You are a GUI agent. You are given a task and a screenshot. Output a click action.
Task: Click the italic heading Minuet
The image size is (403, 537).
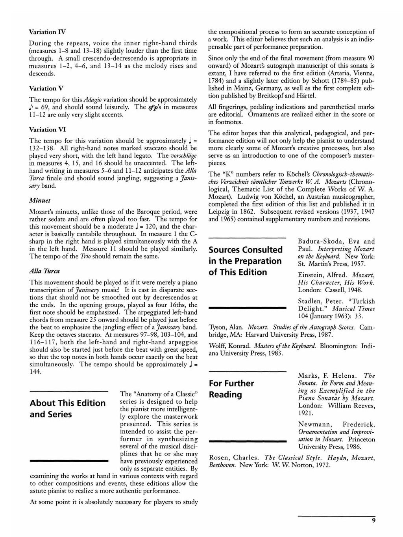39,200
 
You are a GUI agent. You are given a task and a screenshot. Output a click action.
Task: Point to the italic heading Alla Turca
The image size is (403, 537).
44,271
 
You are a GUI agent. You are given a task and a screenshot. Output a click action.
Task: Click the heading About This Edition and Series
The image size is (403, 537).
68,408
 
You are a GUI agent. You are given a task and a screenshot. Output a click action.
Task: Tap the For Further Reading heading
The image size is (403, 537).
231,389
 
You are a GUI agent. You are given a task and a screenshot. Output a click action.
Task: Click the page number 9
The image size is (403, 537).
373,520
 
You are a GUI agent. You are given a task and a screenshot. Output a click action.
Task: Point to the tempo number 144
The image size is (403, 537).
35,371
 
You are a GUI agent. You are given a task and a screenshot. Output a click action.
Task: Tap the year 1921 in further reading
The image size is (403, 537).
305,413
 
